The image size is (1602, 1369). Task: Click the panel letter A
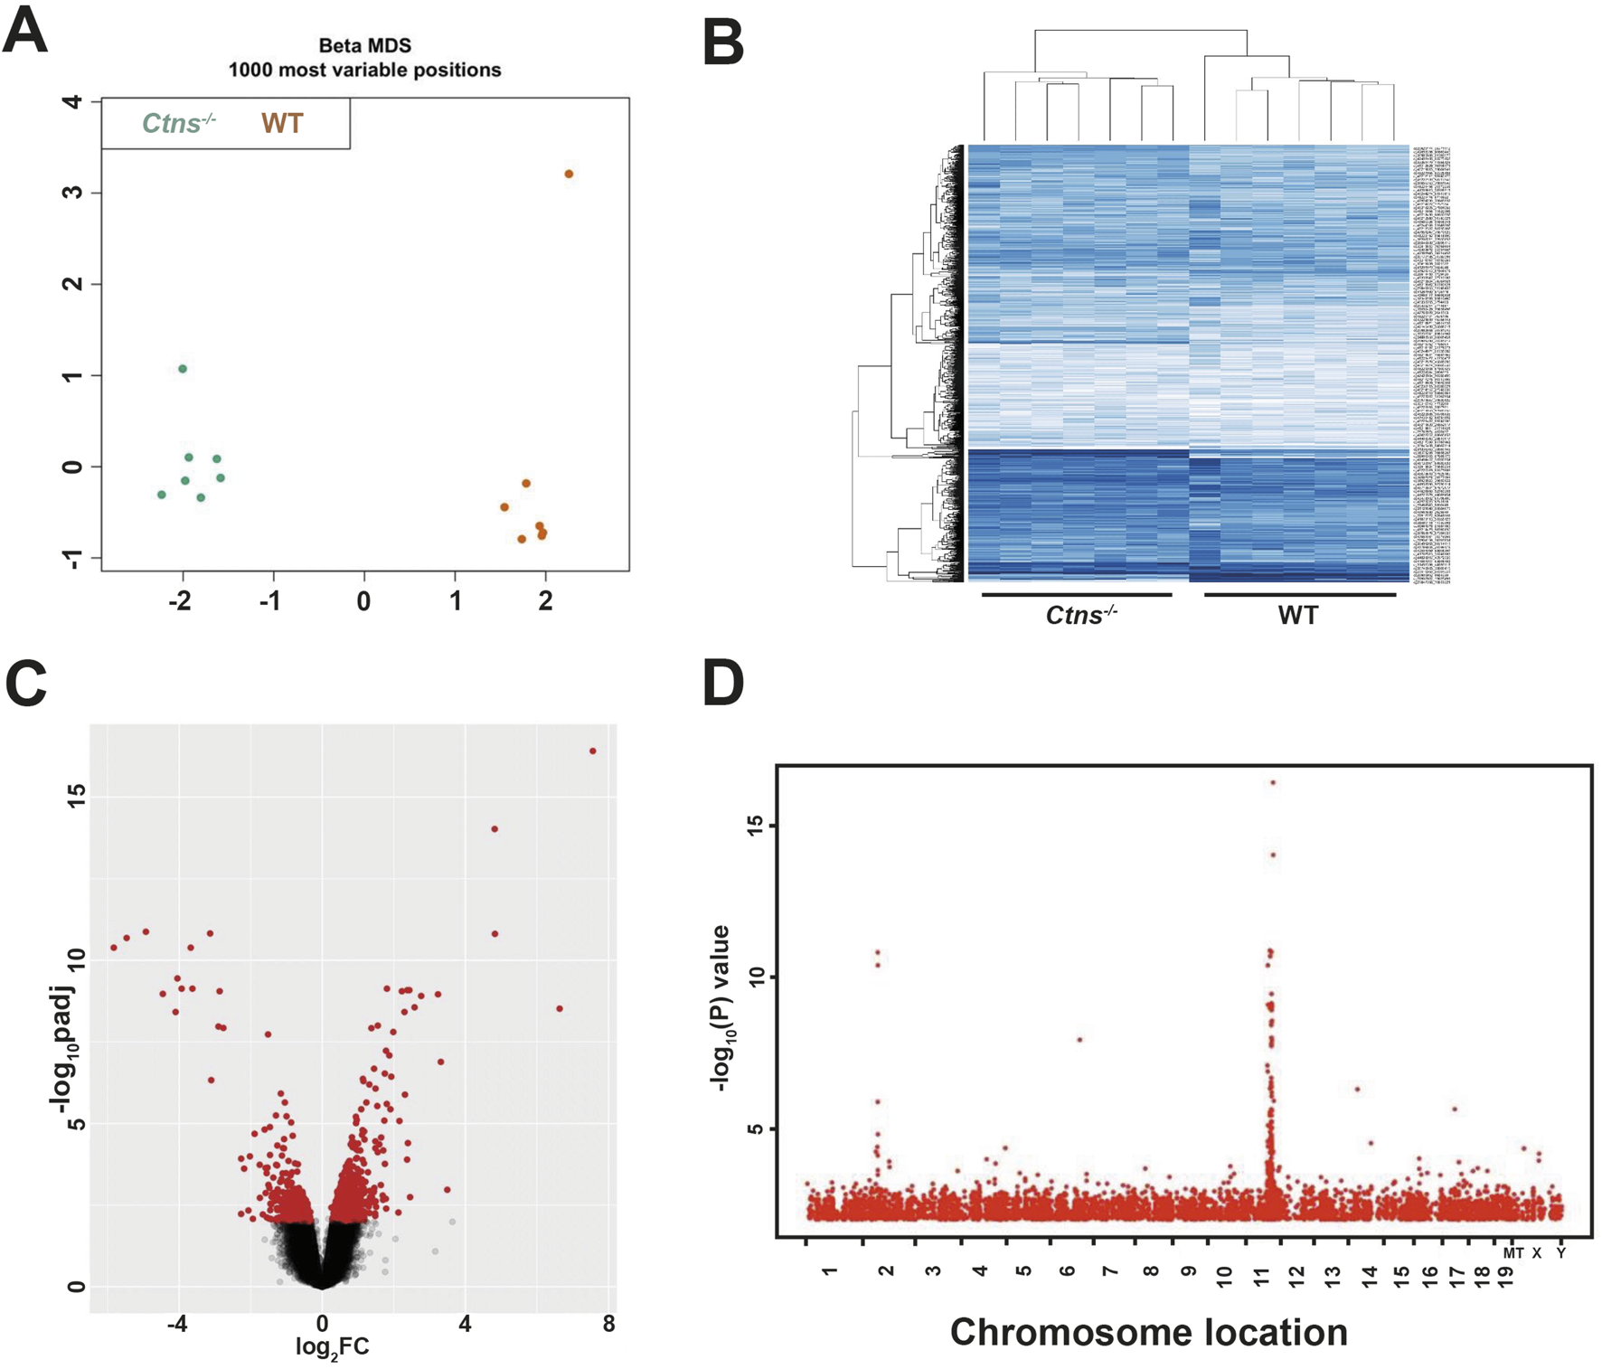tap(25, 32)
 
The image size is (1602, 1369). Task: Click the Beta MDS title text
tap(364, 45)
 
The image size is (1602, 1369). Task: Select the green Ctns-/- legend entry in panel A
tap(178, 123)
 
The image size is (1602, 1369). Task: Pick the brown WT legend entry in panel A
tap(282, 124)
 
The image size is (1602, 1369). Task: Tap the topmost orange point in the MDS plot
tap(569, 174)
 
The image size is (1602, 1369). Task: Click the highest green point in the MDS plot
tap(183, 369)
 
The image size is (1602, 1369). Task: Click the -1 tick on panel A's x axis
tap(270, 601)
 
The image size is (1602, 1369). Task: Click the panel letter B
tap(722, 42)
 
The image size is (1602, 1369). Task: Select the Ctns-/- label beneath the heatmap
tap(1081, 616)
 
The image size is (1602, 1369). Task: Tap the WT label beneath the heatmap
tap(1298, 616)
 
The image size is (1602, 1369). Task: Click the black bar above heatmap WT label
tap(1300, 595)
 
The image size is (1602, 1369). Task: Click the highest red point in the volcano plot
tap(593, 751)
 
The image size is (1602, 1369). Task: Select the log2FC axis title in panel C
tap(333, 1347)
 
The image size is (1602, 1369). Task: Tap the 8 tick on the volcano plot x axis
tap(608, 1324)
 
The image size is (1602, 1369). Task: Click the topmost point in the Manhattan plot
tap(1273, 782)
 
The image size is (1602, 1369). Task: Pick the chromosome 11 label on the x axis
tap(1262, 1277)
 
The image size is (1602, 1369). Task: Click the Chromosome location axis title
tap(1148, 1332)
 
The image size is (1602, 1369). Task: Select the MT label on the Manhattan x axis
tap(1512, 1253)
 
